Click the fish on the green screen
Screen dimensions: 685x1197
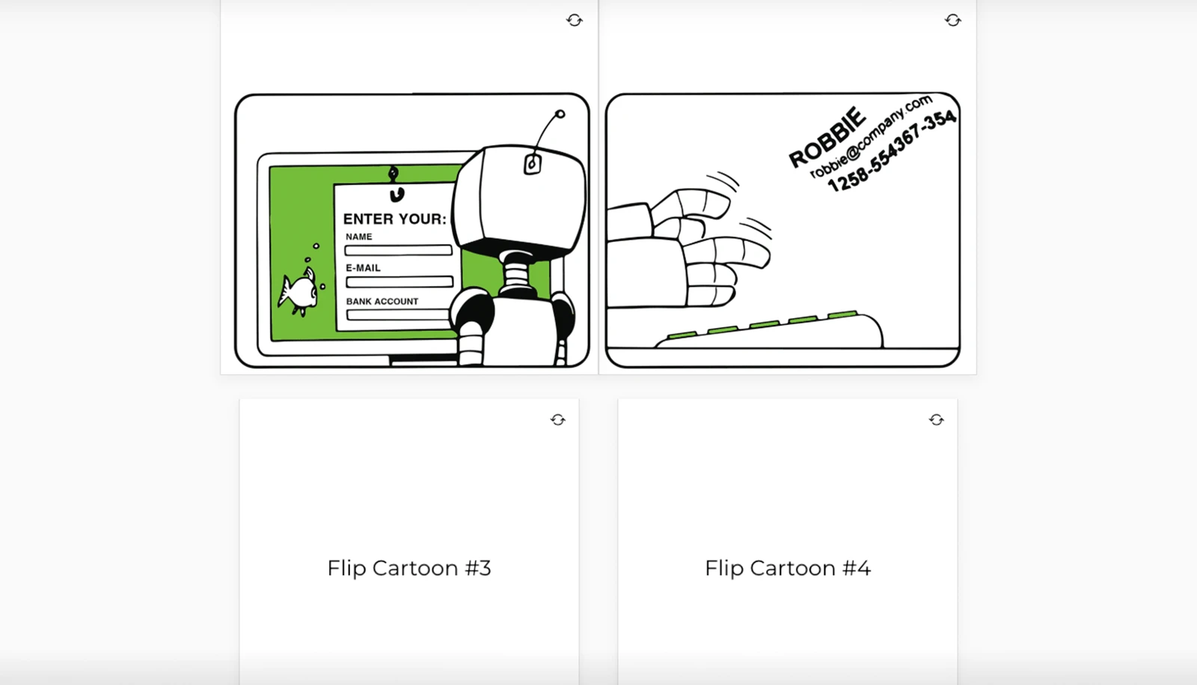pyautogui.click(x=299, y=291)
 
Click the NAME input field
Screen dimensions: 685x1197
pyautogui.click(x=398, y=250)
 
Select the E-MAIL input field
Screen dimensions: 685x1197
pyautogui.click(x=399, y=281)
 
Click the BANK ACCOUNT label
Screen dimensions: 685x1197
pyautogui.click(x=382, y=301)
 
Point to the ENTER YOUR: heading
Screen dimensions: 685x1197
pyautogui.click(x=394, y=219)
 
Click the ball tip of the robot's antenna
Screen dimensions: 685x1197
pyautogui.click(x=560, y=115)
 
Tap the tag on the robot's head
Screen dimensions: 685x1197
pyautogui.click(x=532, y=164)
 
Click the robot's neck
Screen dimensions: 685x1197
pyautogui.click(x=515, y=273)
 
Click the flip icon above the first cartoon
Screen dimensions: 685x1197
pyautogui.click(x=574, y=20)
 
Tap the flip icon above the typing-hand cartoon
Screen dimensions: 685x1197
pyautogui.click(x=952, y=20)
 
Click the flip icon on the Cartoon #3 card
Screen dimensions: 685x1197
pyautogui.click(x=558, y=420)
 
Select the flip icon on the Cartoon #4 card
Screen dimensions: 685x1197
pyautogui.click(x=936, y=420)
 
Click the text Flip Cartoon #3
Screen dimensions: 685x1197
pyautogui.click(x=409, y=568)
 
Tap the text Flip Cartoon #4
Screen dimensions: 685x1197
pyautogui.click(x=788, y=568)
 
